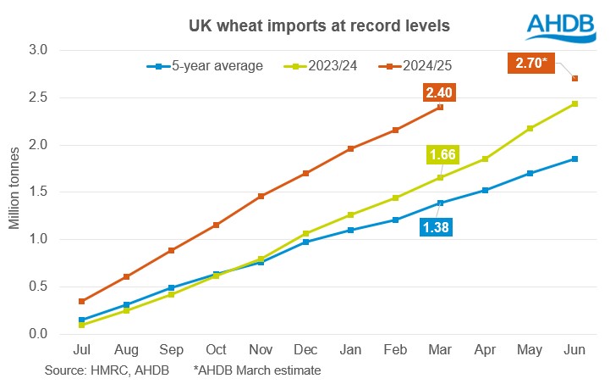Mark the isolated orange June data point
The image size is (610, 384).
pos(575,79)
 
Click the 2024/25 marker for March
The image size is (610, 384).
pos(440,108)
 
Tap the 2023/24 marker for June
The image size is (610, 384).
pos(575,103)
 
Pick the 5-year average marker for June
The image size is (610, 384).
pos(575,159)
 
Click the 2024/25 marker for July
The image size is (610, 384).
pos(82,301)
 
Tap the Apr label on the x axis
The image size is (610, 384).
pos(485,349)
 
